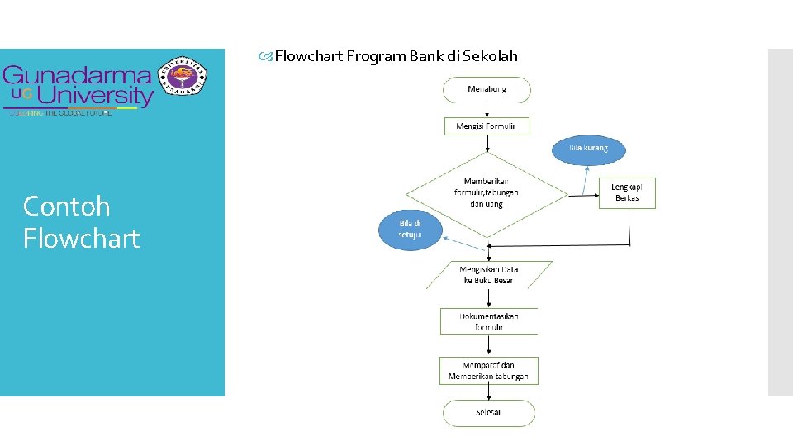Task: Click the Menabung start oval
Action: coord(487,89)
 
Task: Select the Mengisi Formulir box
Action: coord(487,126)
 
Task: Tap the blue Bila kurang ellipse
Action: coord(588,149)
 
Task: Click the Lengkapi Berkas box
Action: coord(626,192)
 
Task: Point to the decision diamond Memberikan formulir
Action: coord(487,192)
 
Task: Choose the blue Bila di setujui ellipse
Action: coord(411,229)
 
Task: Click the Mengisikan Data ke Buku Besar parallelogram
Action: coord(488,275)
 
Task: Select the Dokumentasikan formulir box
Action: coord(489,321)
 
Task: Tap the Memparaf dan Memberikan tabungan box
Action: coord(488,371)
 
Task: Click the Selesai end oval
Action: coord(488,412)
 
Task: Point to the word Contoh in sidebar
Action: coord(66,206)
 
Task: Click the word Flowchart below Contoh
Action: coord(82,239)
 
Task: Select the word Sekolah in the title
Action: coord(491,56)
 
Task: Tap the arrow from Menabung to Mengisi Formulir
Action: coord(487,110)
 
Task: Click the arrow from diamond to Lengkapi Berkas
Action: coord(583,195)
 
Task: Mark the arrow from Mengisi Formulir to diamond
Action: coord(487,144)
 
